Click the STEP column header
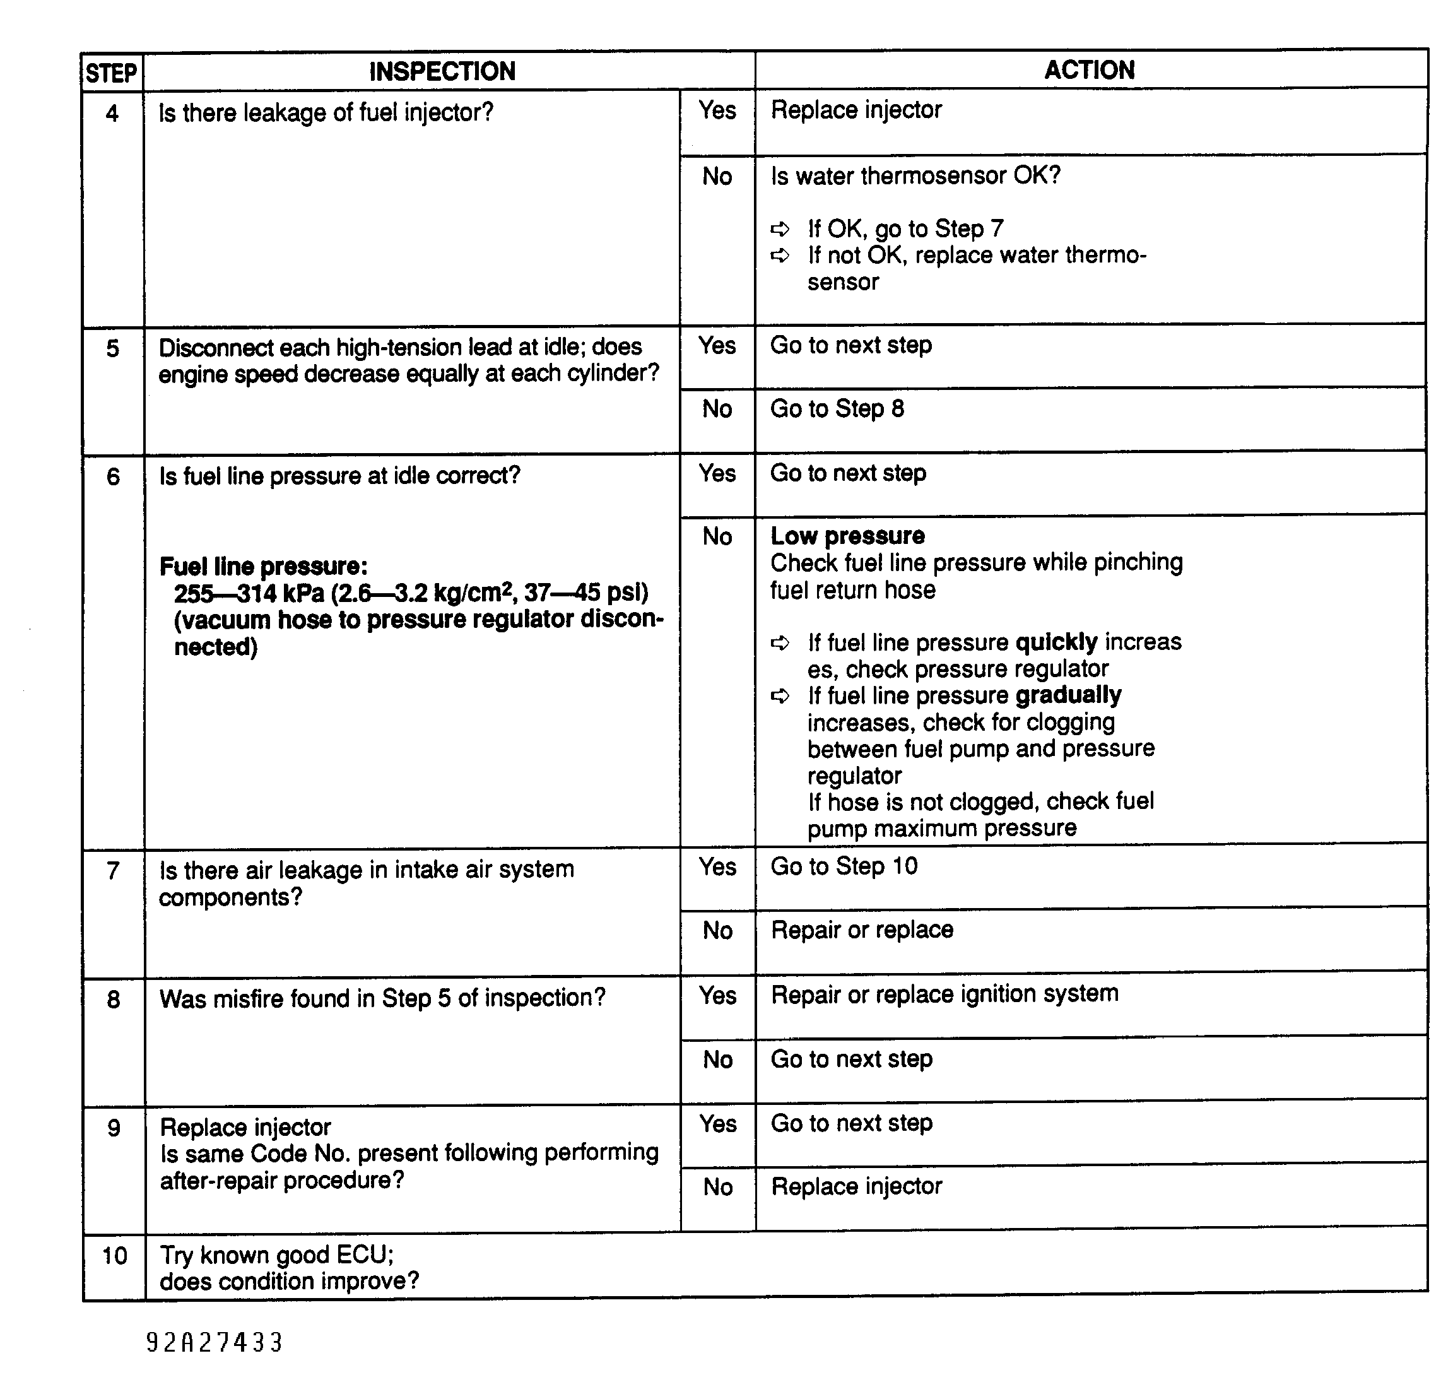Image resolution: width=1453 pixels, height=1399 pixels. [x=111, y=73]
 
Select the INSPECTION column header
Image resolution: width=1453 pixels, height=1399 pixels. [x=442, y=71]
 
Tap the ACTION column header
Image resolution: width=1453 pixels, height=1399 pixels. [x=1089, y=69]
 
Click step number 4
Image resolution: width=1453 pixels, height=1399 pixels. [x=112, y=114]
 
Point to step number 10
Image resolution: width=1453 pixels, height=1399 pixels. [x=114, y=1255]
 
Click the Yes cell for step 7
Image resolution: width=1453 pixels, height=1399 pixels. [x=717, y=866]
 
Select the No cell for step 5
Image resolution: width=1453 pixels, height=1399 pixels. [x=717, y=408]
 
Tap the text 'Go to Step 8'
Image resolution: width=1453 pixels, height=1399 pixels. [x=837, y=408]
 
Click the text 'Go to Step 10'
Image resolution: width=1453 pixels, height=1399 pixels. [x=844, y=866]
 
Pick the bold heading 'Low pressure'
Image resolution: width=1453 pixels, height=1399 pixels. [x=847, y=535]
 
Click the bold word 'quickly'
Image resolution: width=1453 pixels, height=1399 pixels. [x=1056, y=642]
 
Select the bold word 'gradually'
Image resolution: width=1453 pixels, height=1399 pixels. [x=1068, y=695]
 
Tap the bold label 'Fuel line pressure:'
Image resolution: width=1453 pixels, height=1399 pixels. [x=263, y=567]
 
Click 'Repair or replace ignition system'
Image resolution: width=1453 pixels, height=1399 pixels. [x=944, y=993]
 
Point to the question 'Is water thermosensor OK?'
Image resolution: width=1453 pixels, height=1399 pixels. [x=915, y=175]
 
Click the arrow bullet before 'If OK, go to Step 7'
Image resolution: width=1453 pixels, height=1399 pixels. [x=780, y=228]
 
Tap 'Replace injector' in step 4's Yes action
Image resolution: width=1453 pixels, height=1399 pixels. [x=856, y=110]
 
